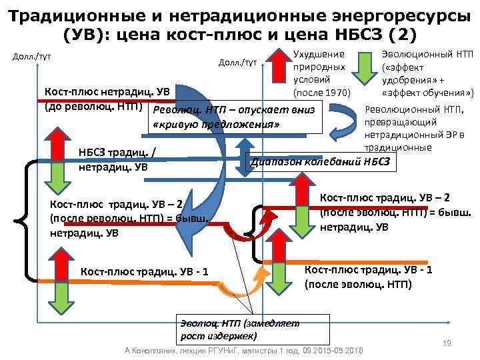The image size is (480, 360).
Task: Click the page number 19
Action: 447,343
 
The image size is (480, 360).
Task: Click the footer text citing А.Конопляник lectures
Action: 243,350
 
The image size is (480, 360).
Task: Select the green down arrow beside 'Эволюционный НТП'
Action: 366,67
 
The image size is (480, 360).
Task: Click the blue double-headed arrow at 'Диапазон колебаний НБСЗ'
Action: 245,156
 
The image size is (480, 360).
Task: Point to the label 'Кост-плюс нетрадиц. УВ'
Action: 107,91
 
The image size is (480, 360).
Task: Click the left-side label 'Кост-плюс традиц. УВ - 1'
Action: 144,271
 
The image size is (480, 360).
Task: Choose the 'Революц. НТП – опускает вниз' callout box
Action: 237,116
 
